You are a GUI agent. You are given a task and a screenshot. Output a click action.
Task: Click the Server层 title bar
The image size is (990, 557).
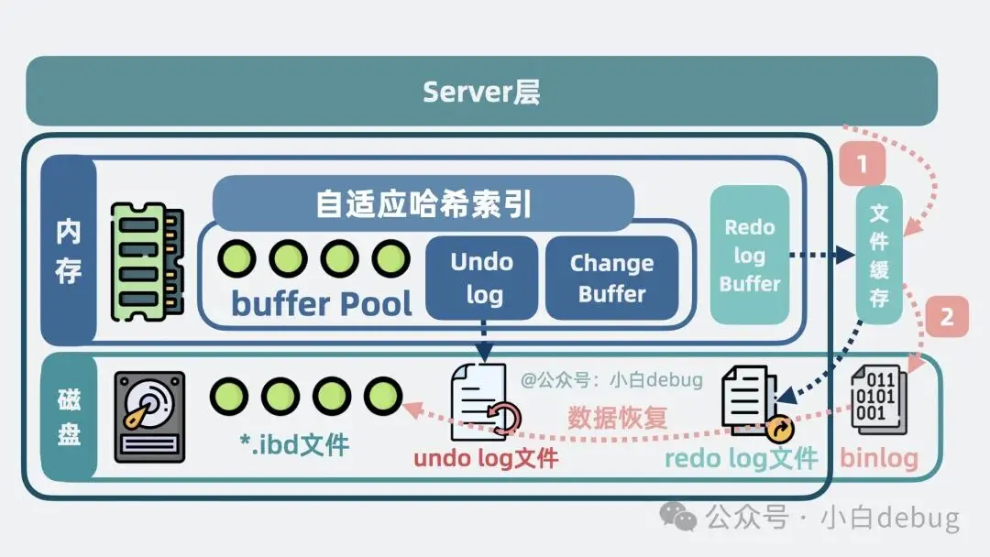(481, 91)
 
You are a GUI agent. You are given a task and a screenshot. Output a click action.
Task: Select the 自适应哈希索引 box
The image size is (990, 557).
(423, 202)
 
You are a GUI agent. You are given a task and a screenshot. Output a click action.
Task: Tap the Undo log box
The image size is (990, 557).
(481, 278)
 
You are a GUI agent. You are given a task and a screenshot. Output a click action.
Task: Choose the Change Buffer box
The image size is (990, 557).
(611, 278)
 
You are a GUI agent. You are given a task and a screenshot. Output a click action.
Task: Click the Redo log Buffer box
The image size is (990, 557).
(749, 255)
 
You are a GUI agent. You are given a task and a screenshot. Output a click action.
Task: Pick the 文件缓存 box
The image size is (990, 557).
(879, 256)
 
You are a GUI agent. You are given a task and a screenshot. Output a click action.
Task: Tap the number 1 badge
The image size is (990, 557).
(861, 165)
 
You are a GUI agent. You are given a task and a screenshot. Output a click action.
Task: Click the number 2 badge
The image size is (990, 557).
(947, 318)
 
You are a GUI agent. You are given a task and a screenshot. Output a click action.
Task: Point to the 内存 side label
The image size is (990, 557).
(68, 249)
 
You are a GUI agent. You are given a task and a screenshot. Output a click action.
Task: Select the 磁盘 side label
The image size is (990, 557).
(69, 417)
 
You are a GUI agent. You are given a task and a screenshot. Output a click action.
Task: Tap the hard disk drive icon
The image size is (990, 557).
(149, 416)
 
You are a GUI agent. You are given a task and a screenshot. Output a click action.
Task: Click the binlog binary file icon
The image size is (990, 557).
(879, 401)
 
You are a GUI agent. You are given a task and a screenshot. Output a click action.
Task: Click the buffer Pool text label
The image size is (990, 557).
(321, 303)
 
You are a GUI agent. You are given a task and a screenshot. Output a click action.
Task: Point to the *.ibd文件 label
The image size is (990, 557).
(293, 446)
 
